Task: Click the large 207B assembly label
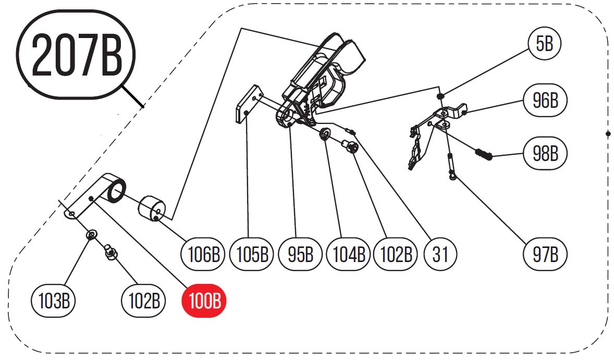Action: [x=76, y=55]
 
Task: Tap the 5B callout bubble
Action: [x=544, y=44]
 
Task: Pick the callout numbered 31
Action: [x=440, y=255]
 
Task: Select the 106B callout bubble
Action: [x=203, y=255]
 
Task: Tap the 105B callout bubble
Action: [x=252, y=255]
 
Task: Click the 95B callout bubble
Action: [x=300, y=255]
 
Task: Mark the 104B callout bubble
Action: [x=348, y=255]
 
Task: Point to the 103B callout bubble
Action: [x=54, y=301]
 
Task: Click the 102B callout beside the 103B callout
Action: [x=143, y=301]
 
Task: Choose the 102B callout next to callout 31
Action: [x=396, y=255]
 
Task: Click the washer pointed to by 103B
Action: [x=91, y=235]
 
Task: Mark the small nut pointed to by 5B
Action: [x=441, y=96]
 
